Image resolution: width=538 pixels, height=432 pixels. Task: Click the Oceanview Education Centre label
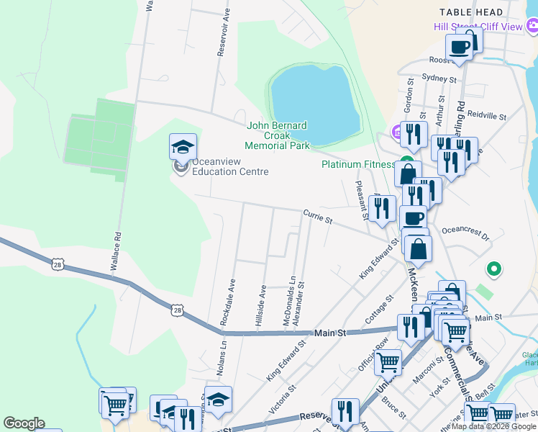229,167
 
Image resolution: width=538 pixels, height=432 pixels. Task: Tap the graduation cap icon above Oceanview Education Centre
183,147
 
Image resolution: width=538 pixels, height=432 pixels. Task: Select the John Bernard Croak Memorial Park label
278,135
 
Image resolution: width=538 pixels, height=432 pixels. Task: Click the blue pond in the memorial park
314,101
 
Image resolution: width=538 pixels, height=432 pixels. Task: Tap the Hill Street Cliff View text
478,27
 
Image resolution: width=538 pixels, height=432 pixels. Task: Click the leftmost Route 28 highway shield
58,265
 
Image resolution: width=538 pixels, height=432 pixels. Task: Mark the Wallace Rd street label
114,251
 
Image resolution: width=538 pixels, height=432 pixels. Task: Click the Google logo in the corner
24,423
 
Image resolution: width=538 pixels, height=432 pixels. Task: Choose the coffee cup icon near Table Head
459,48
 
